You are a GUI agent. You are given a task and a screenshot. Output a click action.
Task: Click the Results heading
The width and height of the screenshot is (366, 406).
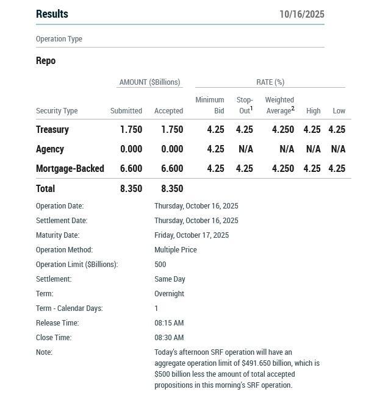pyautogui.click(x=52, y=14)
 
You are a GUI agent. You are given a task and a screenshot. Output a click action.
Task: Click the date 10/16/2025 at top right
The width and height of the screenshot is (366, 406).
pyautogui.click(x=301, y=14)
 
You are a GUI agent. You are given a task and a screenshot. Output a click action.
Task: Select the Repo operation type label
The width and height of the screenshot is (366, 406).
pyautogui.click(x=46, y=60)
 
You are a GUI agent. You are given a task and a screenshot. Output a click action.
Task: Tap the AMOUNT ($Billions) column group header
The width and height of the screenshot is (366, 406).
pyautogui.click(x=149, y=82)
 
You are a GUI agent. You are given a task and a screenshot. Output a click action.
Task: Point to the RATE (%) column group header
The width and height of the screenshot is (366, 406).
pyautogui.click(x=270, y=82)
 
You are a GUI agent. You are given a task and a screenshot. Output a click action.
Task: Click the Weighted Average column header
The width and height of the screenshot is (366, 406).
pyautogui.click(x=279, y=105)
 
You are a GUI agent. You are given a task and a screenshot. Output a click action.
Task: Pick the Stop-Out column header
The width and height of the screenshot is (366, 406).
pyautogui.click(x=244, y=105)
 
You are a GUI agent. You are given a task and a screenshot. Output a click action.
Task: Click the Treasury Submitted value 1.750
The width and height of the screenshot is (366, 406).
pyautogui.click(x=131, y=129)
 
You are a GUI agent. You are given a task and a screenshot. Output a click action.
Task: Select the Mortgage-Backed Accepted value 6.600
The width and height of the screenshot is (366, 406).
pyautogui.click(x=172, y=168)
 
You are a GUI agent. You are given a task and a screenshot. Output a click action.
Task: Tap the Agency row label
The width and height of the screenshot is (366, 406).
pyautogui.click(x=50, y=149)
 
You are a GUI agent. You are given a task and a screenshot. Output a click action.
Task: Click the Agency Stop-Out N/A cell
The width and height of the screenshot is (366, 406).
pyautogui.click(x=244, y=149)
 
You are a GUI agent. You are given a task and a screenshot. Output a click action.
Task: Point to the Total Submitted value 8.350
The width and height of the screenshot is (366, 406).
pyautogui.click(x=131, y=188)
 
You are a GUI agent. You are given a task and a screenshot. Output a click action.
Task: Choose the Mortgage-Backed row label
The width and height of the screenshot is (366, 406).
pyautogui.click(x=70, y=168)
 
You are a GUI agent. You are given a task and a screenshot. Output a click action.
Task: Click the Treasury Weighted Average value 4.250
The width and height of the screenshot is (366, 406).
pyautogui.click(x=282, y=129)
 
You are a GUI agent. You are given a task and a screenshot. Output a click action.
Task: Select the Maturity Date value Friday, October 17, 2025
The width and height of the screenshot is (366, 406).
pyautogui.click(x=192, y=235)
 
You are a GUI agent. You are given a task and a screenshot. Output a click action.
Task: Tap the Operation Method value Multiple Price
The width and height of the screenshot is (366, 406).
pyautogui.click(x=176, y=249)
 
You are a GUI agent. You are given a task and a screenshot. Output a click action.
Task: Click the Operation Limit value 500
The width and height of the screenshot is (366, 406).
pyautogui.click(x=160, y=264)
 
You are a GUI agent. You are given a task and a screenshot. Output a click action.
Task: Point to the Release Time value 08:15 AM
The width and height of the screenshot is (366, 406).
pyautogui.click(x=169, y=322)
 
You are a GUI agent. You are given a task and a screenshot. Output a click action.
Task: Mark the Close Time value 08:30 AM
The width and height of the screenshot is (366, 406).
pyautogui.click(x=169, y=337)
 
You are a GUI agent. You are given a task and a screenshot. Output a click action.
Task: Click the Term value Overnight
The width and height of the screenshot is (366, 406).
pyautogui.click(x=170, y=293)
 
